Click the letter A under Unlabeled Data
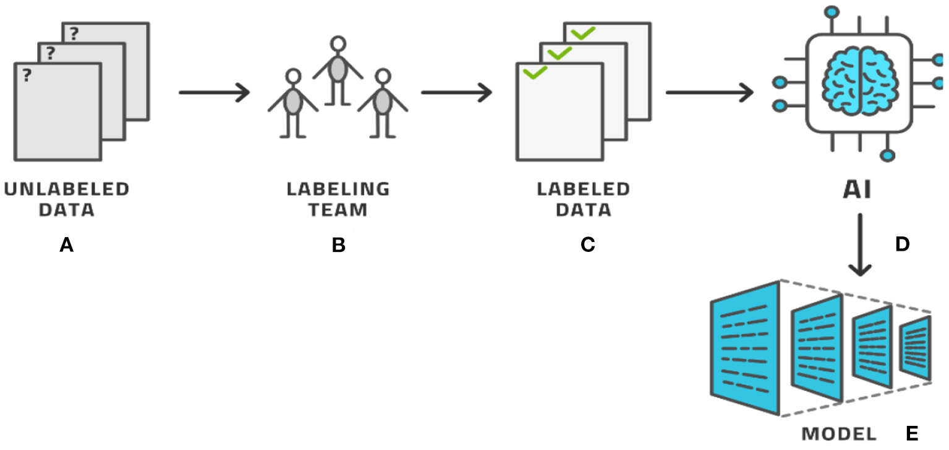[x=66, y=246]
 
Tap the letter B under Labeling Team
[x=338, y=246]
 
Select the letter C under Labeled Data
[x=587, y=246]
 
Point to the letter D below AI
[x=902, y=244]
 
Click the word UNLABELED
[x=66, y=189]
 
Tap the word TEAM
[x=338, y=210]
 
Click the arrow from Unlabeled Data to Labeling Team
[x=214, y=93]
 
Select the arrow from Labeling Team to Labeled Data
[x=456, y=93]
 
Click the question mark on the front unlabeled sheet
[x=27, y=76]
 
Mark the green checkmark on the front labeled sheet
[x=535, y=72]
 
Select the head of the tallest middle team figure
[x=338, y=44]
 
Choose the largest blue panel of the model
[x=745, y=349]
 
